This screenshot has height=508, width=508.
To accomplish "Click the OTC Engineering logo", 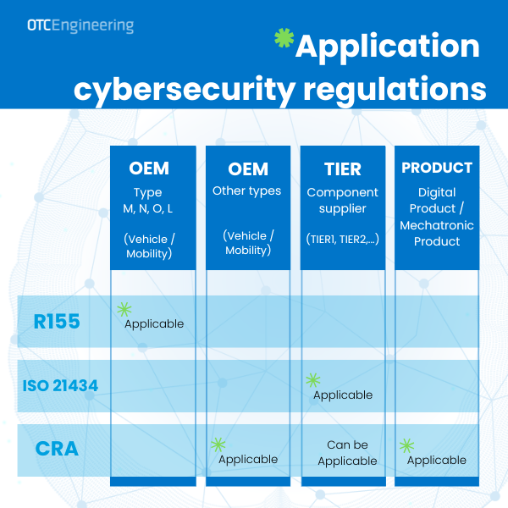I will point(79,25).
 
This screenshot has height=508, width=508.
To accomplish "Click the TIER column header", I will point(343,168).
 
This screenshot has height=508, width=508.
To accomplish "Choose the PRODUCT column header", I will point(437,168).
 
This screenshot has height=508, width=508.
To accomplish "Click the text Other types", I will point(247,191).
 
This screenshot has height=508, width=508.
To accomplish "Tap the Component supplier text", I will point(343,202).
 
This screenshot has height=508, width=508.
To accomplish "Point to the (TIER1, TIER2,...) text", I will point(343,240).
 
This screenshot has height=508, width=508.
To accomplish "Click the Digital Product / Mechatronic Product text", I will point(437,217).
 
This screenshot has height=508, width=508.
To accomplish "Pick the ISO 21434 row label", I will point(60,386).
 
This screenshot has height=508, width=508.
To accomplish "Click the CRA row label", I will point(58,449).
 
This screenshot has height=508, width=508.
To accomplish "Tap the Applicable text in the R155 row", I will point(154,323).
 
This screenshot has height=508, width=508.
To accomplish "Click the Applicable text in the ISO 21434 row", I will point(343,395).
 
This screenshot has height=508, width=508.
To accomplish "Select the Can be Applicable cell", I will point(347,453).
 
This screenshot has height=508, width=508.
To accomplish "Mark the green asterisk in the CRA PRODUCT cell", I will point(406,444).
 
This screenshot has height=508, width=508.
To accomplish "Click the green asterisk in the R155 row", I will point(124,310).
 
